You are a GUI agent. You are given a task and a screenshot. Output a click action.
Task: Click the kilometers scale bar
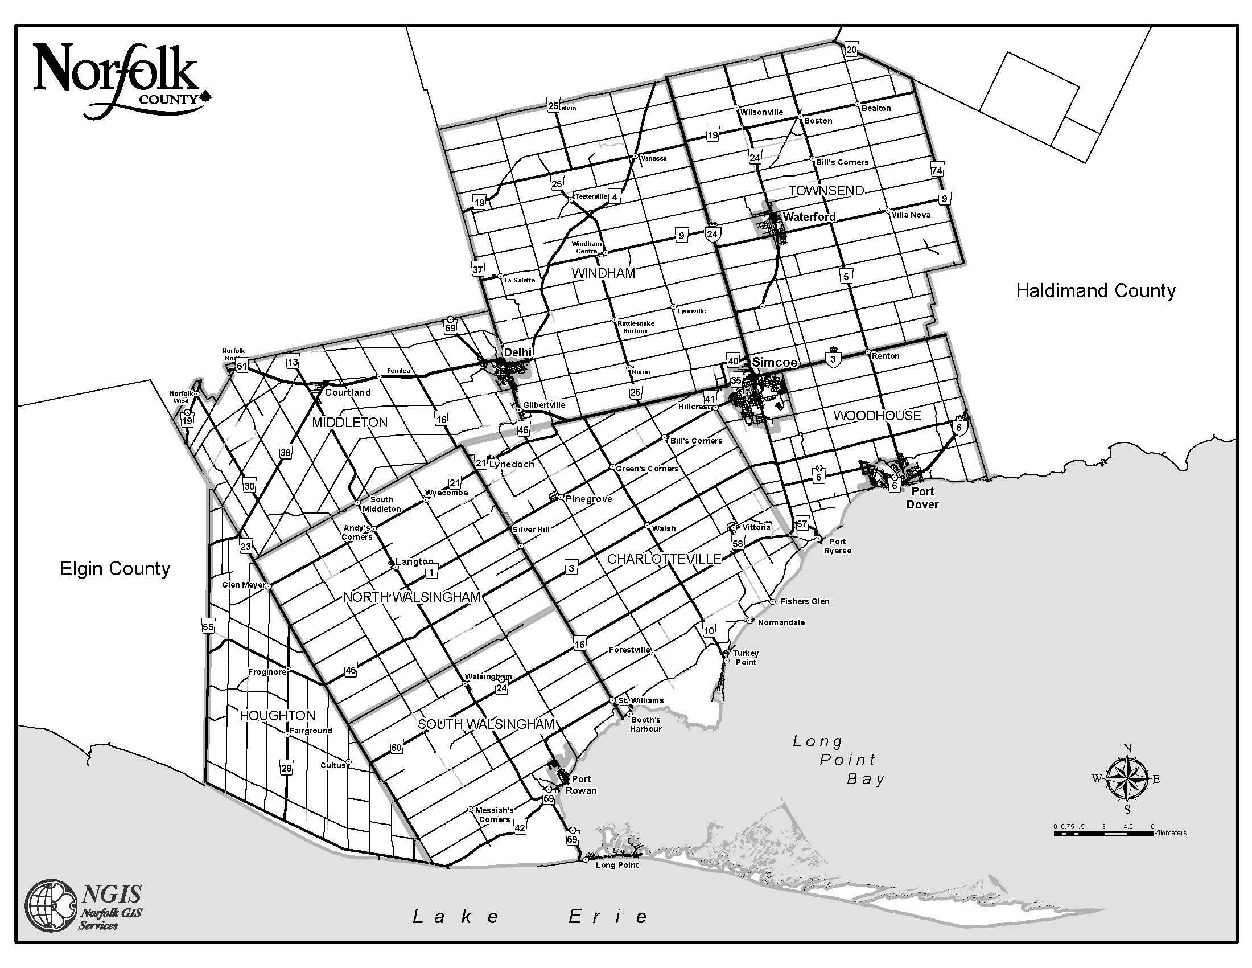pyautogui.click(x=1103, y=833)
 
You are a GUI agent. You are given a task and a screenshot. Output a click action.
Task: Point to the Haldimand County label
pyautogui.click(x=1095, y=291)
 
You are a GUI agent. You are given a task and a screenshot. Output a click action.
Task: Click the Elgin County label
pyautogui.click(x=115, y=568)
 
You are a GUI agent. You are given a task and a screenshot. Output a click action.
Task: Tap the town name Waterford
pyautogui.click(x=809, y=217)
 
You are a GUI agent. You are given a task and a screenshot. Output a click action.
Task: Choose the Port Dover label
pyautogui.click(x=922, y=498)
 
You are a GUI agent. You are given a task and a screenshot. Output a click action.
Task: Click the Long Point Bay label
pyautogui.click(x=839, y=760)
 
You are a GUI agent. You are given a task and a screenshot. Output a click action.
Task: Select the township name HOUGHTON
pyautogui.click(x=278, y=715)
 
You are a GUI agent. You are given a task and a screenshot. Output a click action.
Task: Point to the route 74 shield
pyautogui.click(x=937, y=170)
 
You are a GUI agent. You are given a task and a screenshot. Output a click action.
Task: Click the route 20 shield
pyautogui.click(x=851, y=50)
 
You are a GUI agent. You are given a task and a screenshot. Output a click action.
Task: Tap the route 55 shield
pyautogui.click(x=208, y=627)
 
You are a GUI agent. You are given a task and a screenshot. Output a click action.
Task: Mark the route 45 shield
pyautogui.click(x=350, y=669)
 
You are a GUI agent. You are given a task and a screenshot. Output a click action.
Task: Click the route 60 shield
pyautogui.click(x=396, y=747)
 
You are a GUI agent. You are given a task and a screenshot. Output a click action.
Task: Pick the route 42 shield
pyautogui.click(x=520, y=827)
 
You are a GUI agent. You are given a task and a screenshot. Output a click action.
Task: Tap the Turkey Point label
pyautogui.click(x=746, y=657)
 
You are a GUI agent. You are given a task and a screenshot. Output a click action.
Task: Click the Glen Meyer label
pyautogui.click(x=244, y=585)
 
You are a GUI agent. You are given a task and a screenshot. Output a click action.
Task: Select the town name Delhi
pyautogui.click(x=518, y=352)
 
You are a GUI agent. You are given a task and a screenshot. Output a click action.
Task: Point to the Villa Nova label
pyautogui.click(x=911, y=215)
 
